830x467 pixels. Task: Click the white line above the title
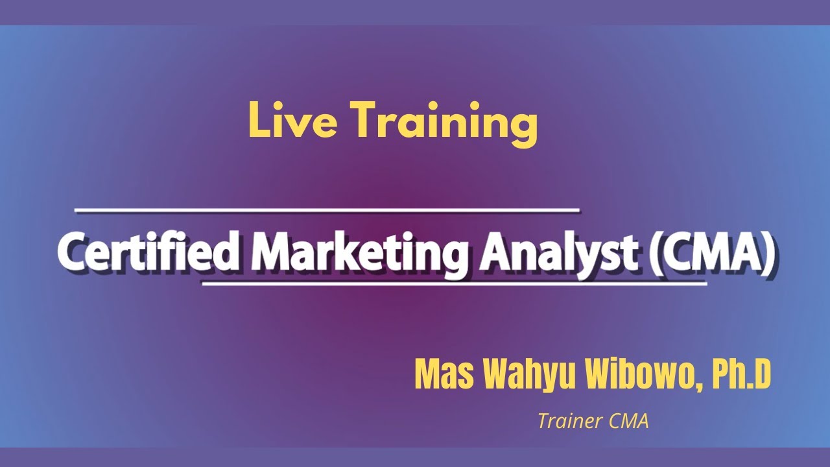click(x=327, y=210)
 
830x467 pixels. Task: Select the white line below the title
click(x=454, y=283)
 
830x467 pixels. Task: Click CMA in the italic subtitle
click(x=629, y=422)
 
